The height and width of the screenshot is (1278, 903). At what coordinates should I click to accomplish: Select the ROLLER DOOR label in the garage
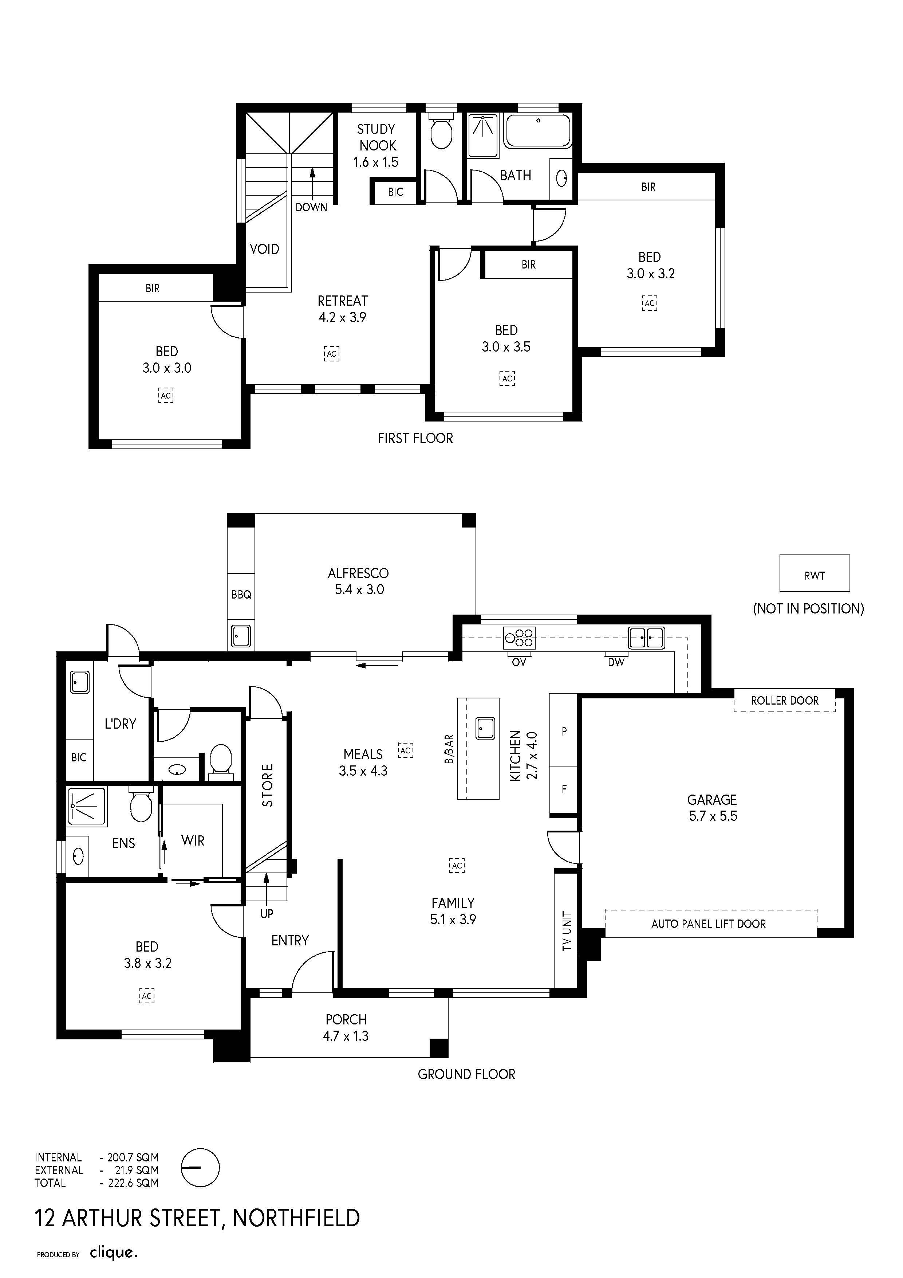tap(785, 700)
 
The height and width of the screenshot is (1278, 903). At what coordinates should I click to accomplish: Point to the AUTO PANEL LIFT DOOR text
tap(708, 924)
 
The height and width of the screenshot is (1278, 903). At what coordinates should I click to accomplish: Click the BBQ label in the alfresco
tap(241, 595)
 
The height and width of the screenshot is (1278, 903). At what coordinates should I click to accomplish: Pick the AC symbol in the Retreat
tap(332, 353)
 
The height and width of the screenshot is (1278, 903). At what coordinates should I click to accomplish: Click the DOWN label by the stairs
tap(311, 207)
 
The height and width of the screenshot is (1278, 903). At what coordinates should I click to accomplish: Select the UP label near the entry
tap(267, 913)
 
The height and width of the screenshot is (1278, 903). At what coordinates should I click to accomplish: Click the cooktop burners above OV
tap(519, 637)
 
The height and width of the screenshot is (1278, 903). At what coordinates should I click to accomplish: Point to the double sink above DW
tap(647, 637)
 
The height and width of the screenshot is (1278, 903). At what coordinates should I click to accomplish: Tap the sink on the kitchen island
tap(485, 728)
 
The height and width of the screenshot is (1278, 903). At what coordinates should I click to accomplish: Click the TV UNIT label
tap(567, 931)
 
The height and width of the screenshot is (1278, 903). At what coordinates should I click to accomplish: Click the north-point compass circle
tap(201, 1168)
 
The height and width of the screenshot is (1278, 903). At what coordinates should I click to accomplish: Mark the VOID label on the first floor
tap(264, 249)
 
